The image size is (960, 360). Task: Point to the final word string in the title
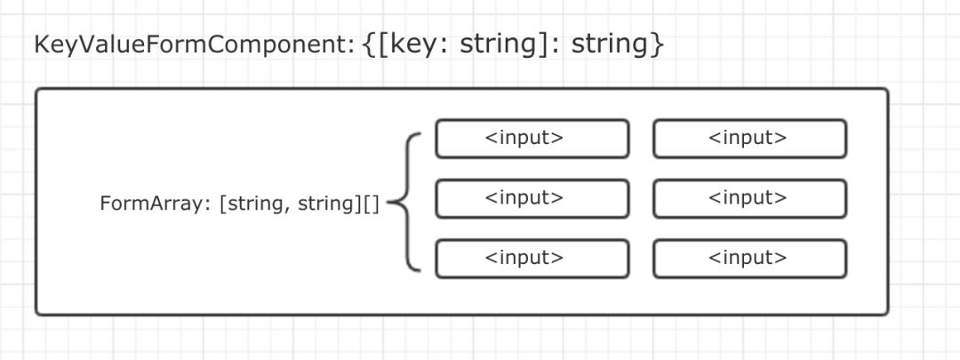608,44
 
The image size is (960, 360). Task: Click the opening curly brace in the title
371,44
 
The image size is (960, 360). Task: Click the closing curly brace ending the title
657,44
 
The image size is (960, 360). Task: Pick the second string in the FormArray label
326,204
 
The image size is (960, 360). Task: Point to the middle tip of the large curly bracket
391,203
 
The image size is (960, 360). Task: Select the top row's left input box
532,139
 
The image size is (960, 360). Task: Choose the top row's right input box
748,139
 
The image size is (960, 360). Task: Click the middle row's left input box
532,198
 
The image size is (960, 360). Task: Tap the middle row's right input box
748,198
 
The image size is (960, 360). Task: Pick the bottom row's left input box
532,259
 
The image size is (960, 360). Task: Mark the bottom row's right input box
748,259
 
